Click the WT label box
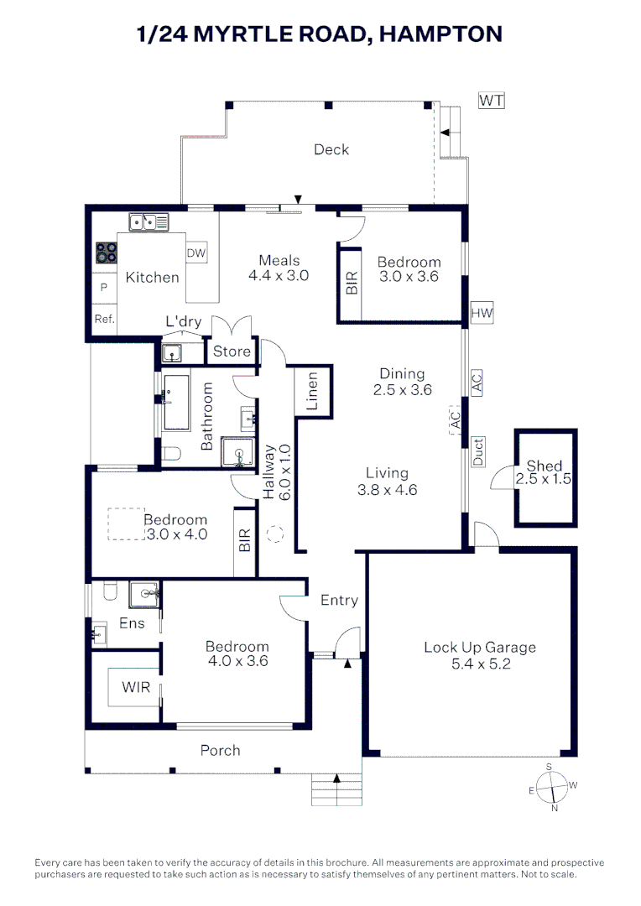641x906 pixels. pyautogui.click(x=492, y=101)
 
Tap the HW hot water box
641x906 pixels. pyautogui.click(x=482, y=314)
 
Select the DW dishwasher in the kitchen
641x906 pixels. pyautogui.click(x=196, y=253)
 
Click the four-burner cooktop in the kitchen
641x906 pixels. pyautogui.click(x=106, y=253)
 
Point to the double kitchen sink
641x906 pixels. pyautogui.click(x=149, y=222)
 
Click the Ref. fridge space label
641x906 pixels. pyautogui.click(x=104, y=319)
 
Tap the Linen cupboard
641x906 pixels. pyautogui.click(x=312, y=391)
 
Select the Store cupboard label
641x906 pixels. pyautogui.click(x=232, y=351)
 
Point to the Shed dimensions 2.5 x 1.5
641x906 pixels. pyautogui.click(x=545, y=480)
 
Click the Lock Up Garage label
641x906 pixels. pyautogui.click(x=479, y=647)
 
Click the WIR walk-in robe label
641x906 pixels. pyautogui.click(x=136, y=687)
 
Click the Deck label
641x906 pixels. pyautogui.click(x=331, y=149)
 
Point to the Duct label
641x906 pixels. pyautogui.click(x=478, y=451)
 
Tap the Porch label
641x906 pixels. pyautogui.click(x=220, y=750)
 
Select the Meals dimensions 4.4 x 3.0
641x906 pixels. pyautogui.click(x=279, y=275)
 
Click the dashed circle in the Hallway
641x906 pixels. pyautogui.click(x=275, y=533)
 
